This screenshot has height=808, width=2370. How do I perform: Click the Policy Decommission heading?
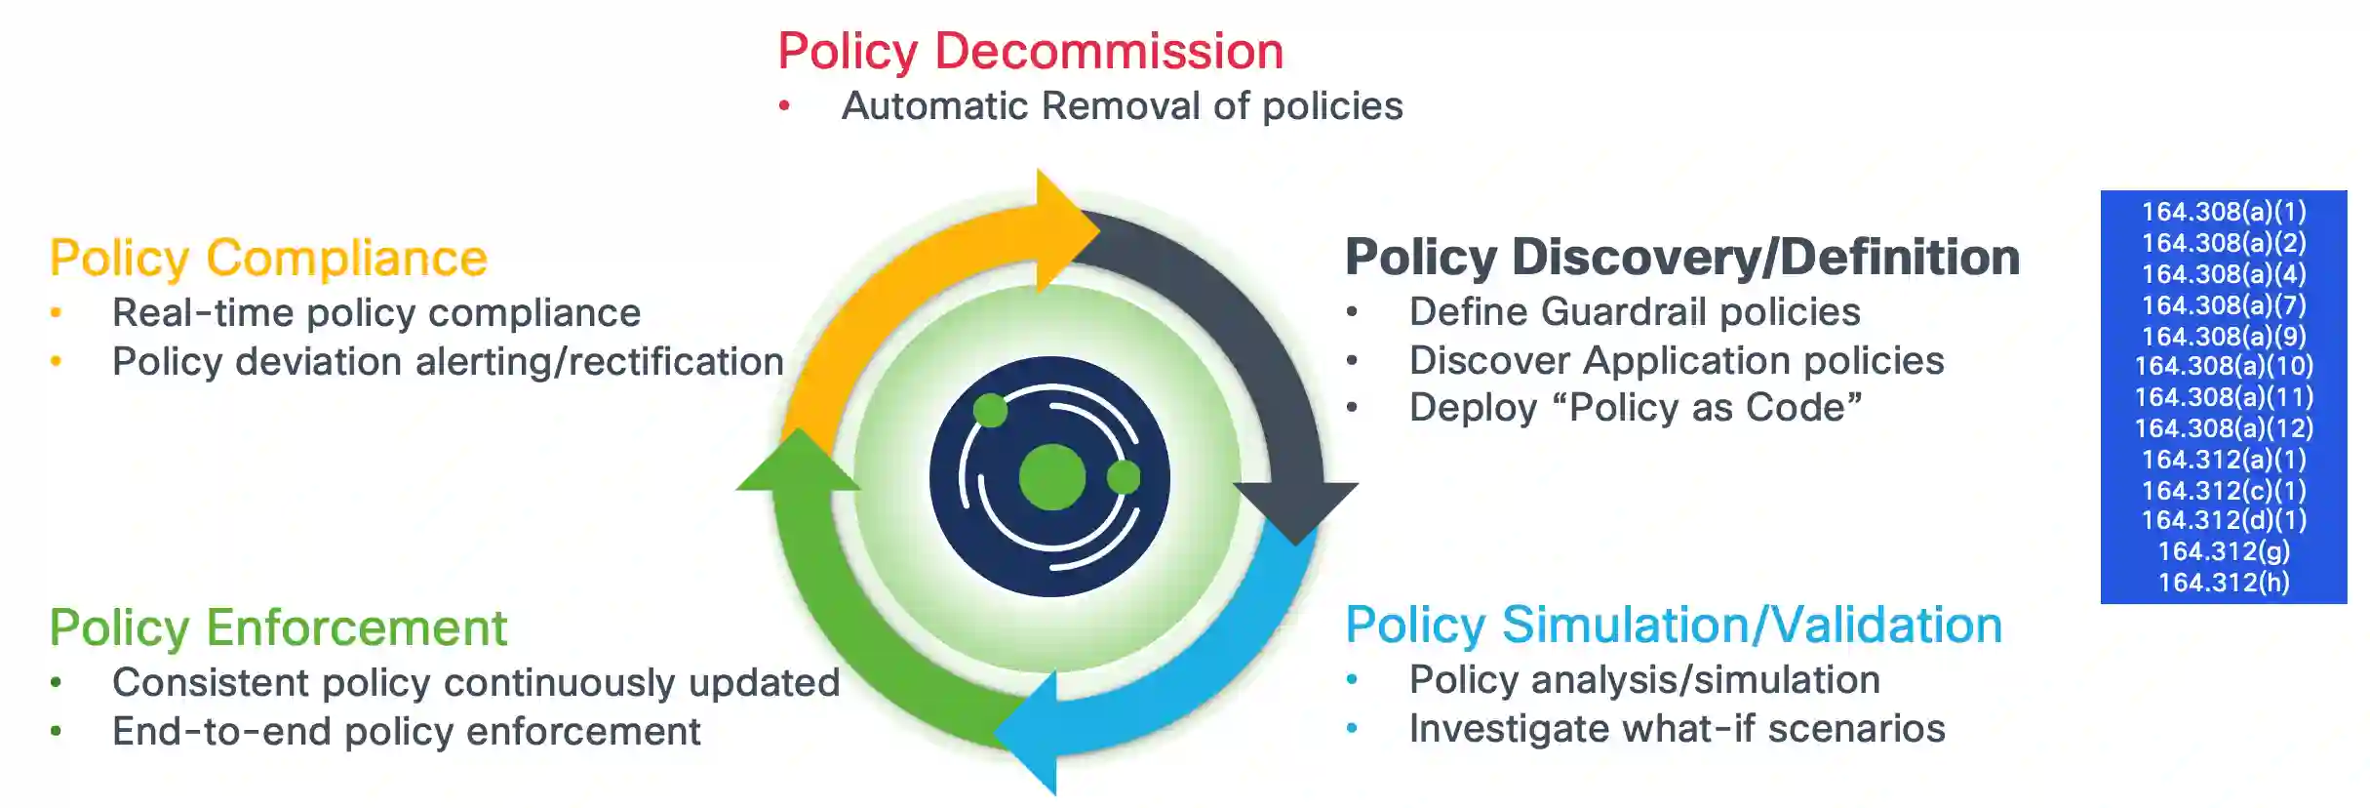click(x=1030, y=52)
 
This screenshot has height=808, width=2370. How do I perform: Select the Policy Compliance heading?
click(x=268, y=259)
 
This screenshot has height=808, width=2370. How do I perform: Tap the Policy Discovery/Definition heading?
click(x=1681, y=258)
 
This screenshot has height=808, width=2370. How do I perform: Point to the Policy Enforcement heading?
click(x=278, y=627)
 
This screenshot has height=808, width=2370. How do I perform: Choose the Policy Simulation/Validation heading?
click(x=1673, y=626)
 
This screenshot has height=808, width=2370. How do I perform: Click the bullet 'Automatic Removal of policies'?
click(x=1122, y=106)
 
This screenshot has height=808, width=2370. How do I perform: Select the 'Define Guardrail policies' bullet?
click(x=1635, y=312)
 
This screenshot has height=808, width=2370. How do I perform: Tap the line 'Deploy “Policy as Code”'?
click(x=1635, y=408)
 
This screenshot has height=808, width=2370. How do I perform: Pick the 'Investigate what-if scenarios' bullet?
click(x=1677, y=729)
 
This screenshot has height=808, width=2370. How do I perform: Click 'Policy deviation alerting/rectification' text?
click(x=448, y=362)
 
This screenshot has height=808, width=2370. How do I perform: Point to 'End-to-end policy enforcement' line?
click(x=406, y=732)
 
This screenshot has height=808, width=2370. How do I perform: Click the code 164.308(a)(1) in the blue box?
click(x=2224, y=212)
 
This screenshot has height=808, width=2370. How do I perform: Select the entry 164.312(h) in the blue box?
click(x=2224, y=583)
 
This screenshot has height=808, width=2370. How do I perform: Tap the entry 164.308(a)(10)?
click(x=2224, y=366)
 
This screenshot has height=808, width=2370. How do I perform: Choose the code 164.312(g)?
click(x=2224, y=551)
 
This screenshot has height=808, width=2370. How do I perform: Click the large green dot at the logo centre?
click(x=1051, y=477)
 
